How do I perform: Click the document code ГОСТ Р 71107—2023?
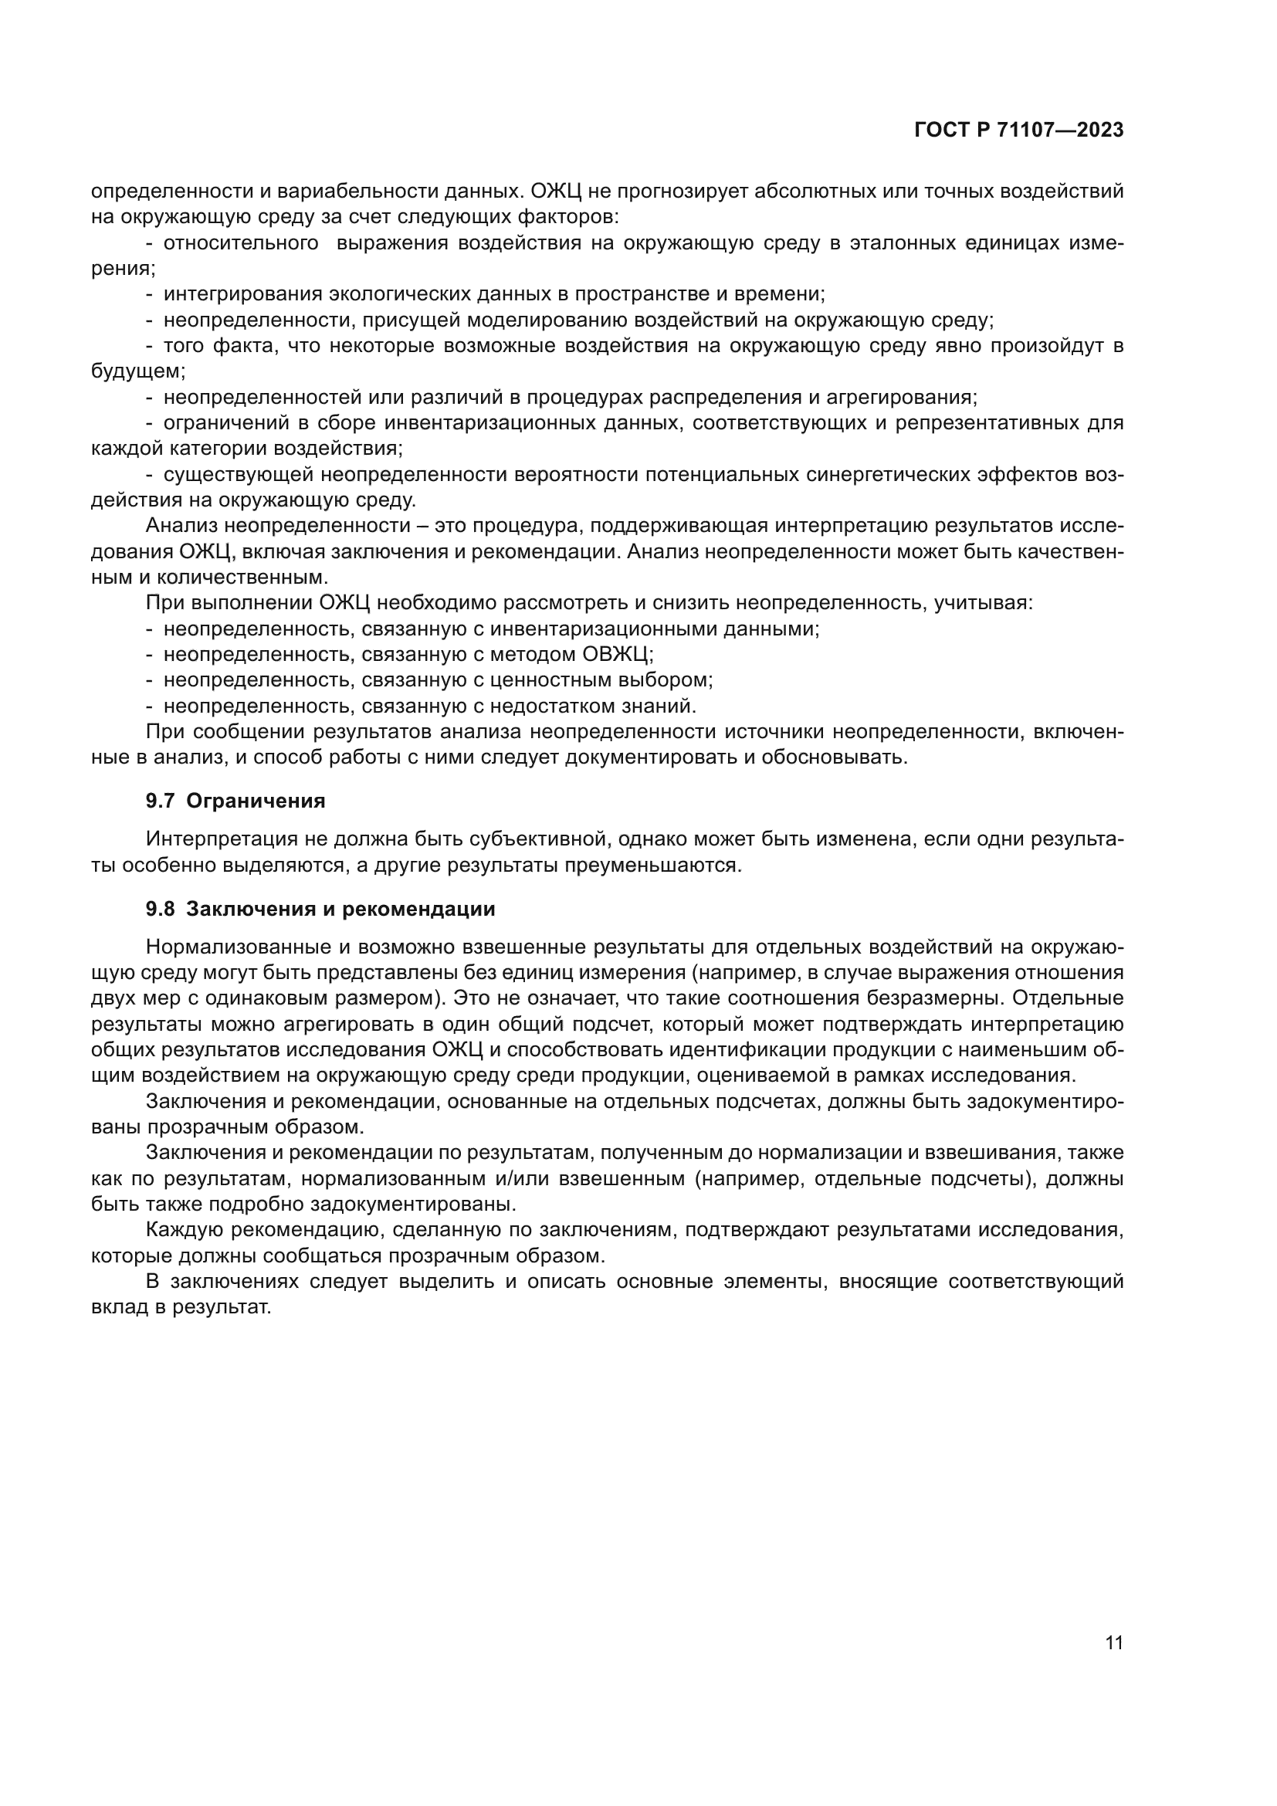(x=1018, y=130)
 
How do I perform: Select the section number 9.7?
(x=160, y=801)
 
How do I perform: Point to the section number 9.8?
(x=160, y=910)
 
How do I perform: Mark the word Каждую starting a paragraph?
(x=185, y=1230)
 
